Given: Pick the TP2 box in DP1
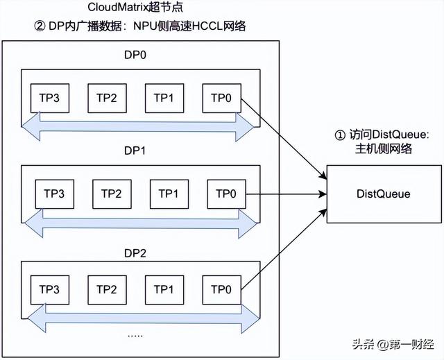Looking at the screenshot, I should [x=111, y=194].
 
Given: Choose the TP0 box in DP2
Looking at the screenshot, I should [x=221, y=289].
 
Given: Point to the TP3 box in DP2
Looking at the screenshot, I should [x=48, y=289].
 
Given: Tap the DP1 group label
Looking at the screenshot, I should [x=139, y=152].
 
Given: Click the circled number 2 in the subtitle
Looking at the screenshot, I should [x=39, y=26].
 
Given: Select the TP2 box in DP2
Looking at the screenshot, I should [x=105, y=289].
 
